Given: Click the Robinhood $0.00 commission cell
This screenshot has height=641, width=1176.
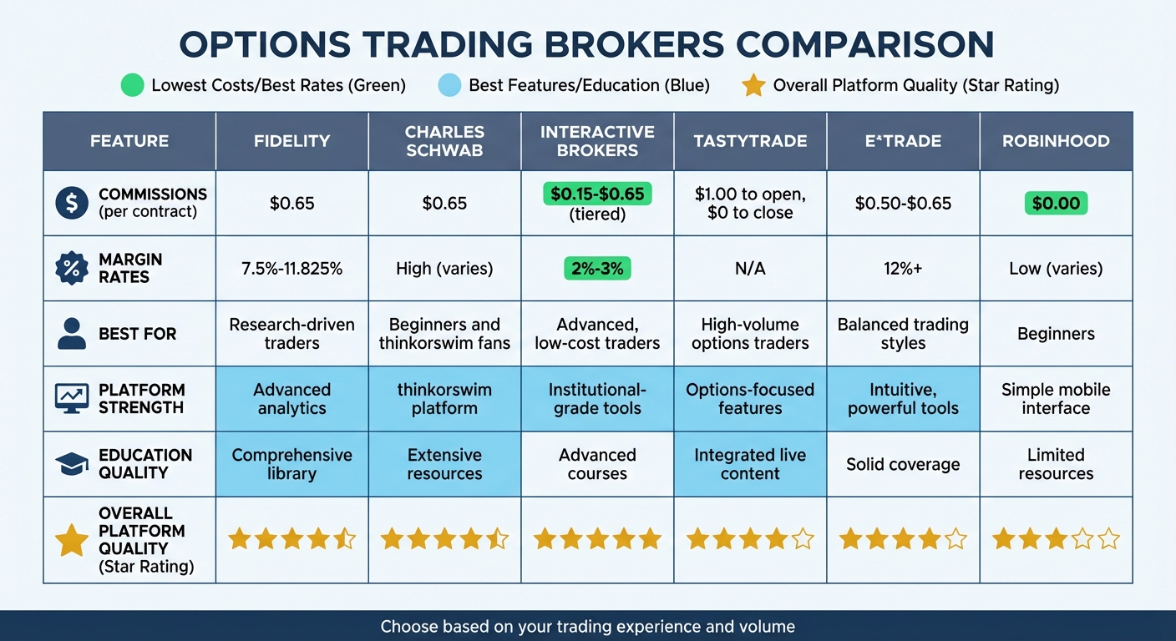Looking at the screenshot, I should pyautogui.click(x=1056, y=204).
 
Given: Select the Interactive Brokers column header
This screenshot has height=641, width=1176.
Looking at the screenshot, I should pyautogui.click(x=597, y=141).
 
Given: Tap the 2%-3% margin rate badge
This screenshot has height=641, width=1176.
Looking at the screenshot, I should pyautogui.click(x=597, y=269).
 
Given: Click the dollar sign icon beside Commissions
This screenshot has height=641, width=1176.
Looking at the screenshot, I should pyautogui.click(x=71, y=204).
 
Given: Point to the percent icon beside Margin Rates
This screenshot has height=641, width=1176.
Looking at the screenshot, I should pyautogui.click(x=71, y=269).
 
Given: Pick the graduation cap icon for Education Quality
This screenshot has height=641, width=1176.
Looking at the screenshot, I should pyautogui.click(x=71, y=464).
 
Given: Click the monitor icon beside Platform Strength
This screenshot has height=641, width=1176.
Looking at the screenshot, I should pyautogui.click(x=71, y=399).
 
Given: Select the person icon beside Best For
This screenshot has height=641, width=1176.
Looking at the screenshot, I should pyautogui.click(x=71, y=333).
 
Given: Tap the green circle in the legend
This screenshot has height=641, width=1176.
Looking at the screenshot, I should pyautogui.click(x=132, y=85).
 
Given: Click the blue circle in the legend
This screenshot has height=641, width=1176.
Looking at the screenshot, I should pyautogui.click(x=449, y=85).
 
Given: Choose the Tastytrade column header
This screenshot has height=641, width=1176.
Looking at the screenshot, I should pyautogui.click(x=750, y=141).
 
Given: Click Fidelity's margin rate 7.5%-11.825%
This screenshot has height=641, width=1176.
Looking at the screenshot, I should pyautogui.click(x=291, y=269).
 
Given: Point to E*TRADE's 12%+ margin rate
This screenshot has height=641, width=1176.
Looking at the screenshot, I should pyautogui.click(x=903, y=269).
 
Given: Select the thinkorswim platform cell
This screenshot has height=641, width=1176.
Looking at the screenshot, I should pyautogui.click(x=444, y=399).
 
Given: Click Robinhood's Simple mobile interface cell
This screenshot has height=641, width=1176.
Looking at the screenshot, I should pyautogui.click(x=1056, y=399).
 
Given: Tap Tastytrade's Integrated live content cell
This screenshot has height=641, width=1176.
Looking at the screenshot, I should pyautogui.click(x=750, y=464).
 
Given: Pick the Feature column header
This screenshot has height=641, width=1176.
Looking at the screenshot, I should pyautogui.click(x=129, y=141).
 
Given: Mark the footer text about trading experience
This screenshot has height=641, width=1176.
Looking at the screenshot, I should pyautogui.click(x=588, y=626).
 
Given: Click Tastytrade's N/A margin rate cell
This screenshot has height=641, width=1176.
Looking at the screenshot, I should pyautogui.click(x=750, y=269).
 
